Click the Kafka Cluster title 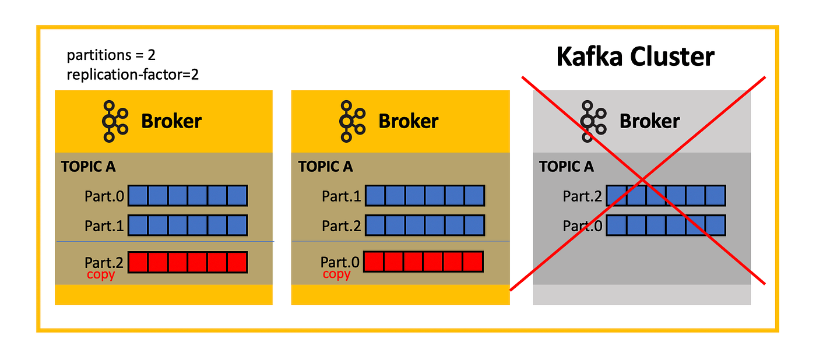(x=635, y=57)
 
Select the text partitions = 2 (x=111, y=56)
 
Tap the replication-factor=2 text (x=133, y=75)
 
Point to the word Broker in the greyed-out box (x=649, y=121)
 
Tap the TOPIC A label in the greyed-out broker (x=566, y=167)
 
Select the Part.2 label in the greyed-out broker (x=582, y=196)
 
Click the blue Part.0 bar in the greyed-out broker (x=666, y=225)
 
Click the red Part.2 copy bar (x=188, y=262)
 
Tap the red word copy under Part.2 (x=101, y=274)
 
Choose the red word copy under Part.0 (x=336, y=274)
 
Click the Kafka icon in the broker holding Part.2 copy (x=115, y=121)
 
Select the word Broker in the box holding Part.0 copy (x=408, y=121)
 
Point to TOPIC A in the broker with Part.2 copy (x=88, y=167)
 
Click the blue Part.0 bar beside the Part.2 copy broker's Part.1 (x=188, y=196)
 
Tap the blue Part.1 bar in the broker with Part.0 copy (x=424, y=196)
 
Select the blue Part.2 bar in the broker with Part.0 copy (x=424, y=225)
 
